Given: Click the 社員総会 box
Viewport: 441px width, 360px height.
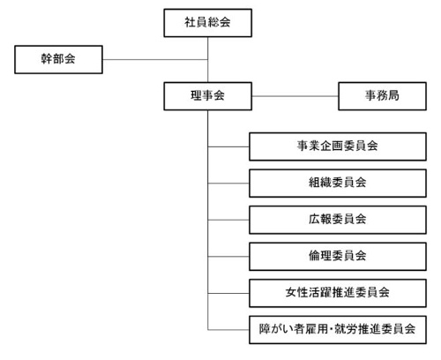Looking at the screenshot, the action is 208,23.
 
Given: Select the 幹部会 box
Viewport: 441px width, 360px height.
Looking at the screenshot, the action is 58,59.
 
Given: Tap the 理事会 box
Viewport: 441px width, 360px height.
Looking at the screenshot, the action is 208,96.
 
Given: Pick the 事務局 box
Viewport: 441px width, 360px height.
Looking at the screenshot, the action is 382,96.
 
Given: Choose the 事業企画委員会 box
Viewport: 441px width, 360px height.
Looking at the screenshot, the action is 338,146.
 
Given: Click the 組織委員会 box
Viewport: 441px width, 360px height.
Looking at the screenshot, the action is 338,184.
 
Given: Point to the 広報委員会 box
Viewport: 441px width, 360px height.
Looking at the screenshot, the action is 338,220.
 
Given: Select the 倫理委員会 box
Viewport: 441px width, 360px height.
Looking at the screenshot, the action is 338,257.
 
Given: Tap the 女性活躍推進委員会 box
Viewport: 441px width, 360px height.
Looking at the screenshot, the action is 338,293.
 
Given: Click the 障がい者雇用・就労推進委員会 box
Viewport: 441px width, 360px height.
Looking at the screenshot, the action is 338,330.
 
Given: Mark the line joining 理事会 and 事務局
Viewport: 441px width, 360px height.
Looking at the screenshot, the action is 295,96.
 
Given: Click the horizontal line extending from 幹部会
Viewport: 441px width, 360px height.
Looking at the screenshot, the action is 155,60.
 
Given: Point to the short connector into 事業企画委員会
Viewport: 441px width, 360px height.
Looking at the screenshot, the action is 228,146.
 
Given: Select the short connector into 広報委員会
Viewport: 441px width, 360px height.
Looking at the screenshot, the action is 228,220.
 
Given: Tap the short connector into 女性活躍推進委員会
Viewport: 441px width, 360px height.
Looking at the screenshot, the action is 228,293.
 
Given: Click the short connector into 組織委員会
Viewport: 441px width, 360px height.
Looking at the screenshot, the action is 228,184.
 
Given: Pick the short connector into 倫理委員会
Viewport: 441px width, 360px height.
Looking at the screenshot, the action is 228,257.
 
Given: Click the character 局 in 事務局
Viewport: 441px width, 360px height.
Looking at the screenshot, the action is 393,95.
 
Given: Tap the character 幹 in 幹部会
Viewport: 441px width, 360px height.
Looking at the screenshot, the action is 47,59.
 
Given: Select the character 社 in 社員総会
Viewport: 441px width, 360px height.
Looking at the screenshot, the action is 191,22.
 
